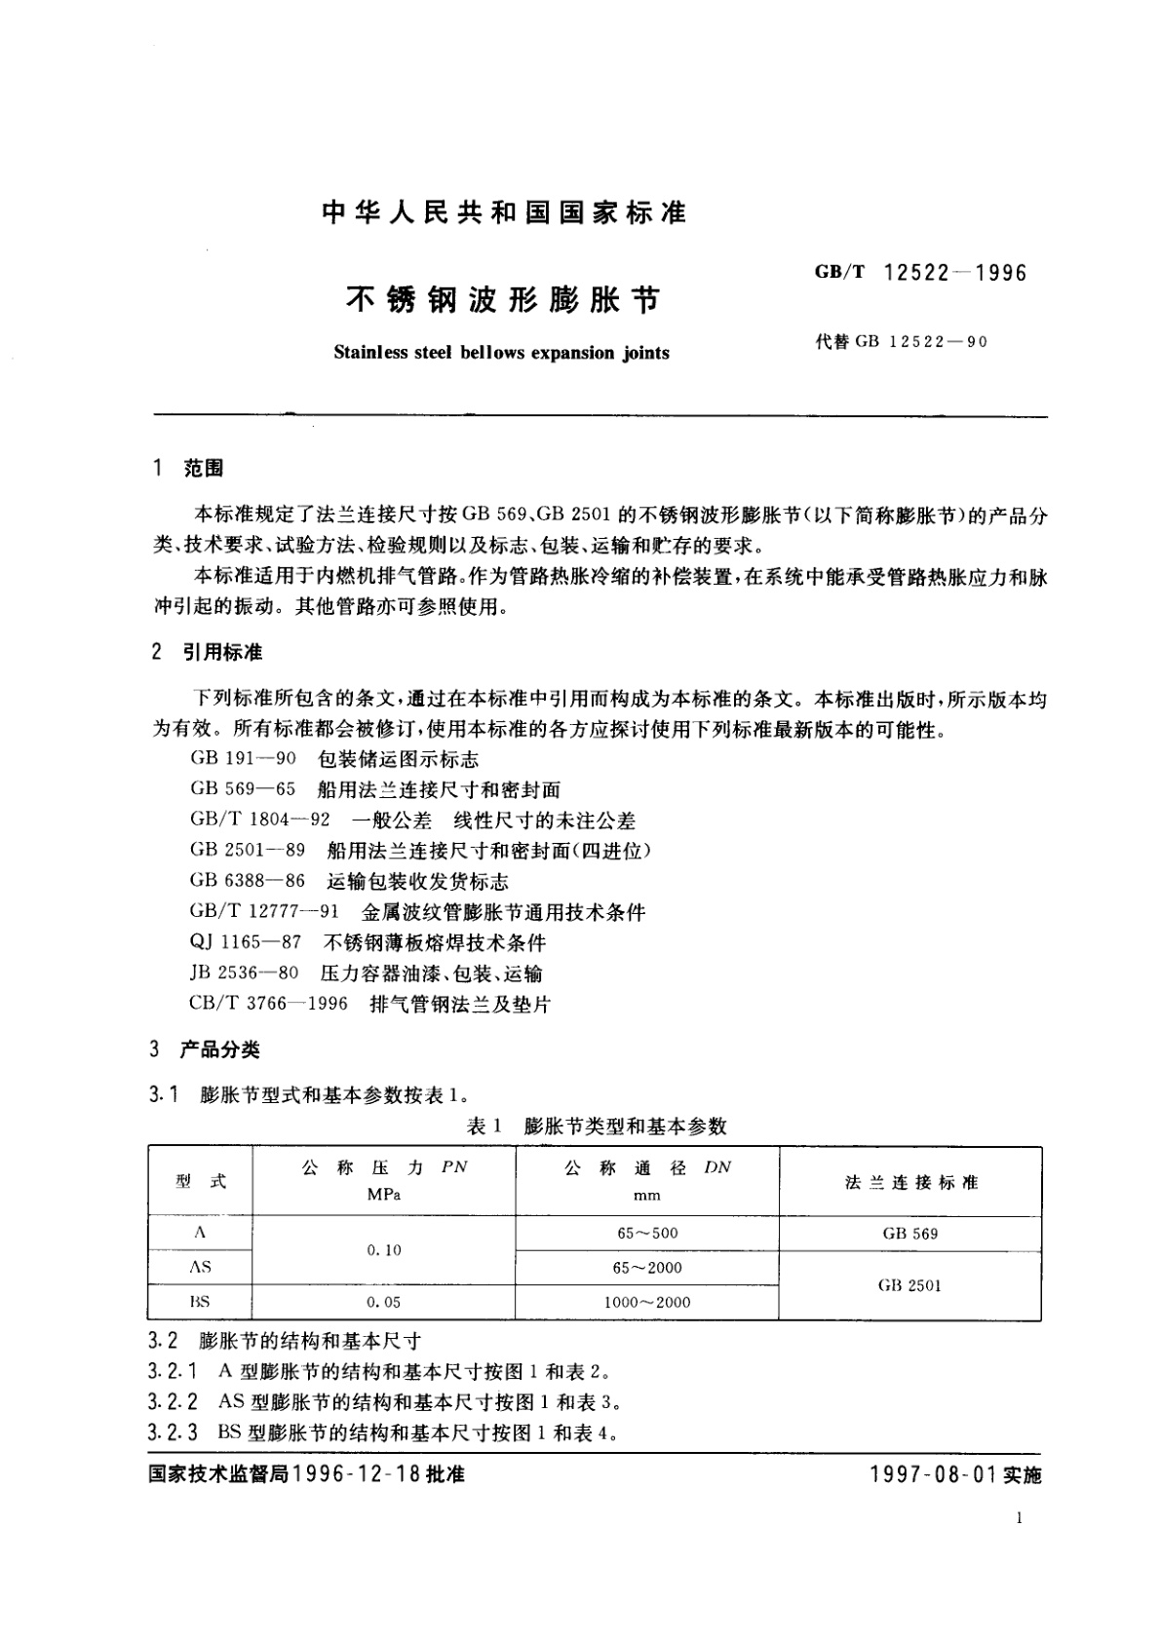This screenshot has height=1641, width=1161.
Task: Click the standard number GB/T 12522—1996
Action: click(x=920, y=273)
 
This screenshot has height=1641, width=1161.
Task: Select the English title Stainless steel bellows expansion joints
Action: click(x=501, y=353)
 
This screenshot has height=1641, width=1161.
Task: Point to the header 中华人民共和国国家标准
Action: click(x=504, y=212)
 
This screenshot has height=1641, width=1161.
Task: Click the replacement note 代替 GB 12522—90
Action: click(x=902, y=342)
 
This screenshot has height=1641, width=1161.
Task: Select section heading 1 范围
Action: click(x=189, y=469)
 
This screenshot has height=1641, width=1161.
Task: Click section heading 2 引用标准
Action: click(x=208, y=652)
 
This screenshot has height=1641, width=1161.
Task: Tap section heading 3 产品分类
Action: click(x=206, y=1049)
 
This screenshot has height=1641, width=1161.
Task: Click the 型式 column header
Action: click(x=201, y=1181)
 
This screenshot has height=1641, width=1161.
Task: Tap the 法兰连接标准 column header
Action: click(x=910, y=1182)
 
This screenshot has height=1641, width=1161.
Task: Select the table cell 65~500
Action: click(x=647, y=1233)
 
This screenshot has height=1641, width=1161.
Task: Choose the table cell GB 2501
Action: click(x=910, y=1285)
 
